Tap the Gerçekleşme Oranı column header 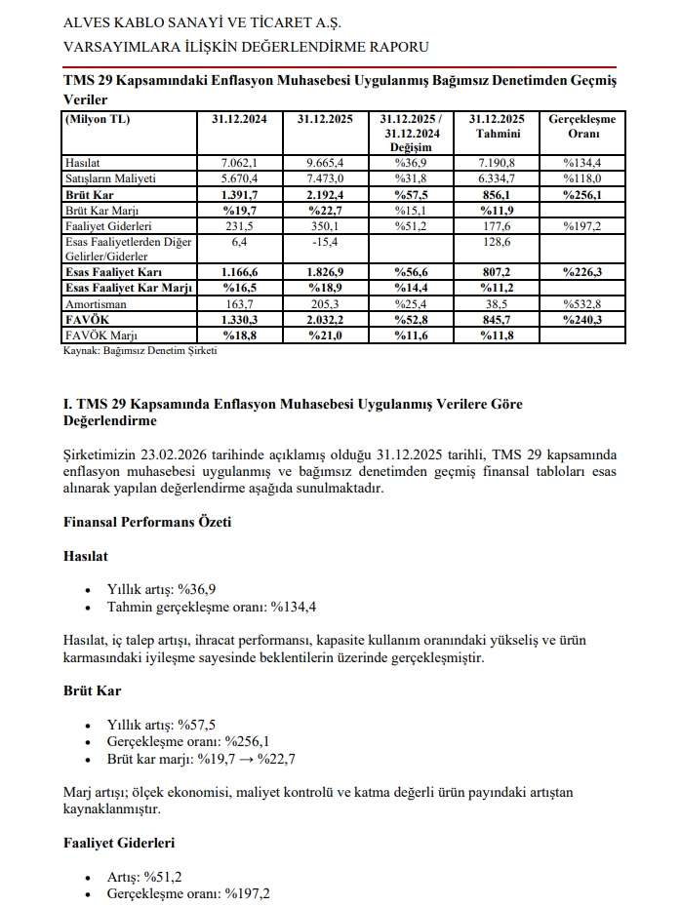(x=581, y=126)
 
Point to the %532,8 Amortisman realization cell (x=581, y=304)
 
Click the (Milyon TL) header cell (x=98, y=119)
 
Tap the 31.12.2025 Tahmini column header (x=498, y=126)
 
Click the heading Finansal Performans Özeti (x=146, y=522)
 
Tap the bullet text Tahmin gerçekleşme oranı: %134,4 (x=212, y=607)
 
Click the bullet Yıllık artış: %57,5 (x=148, y=725)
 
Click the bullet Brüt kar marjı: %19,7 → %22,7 (x=203, y=759)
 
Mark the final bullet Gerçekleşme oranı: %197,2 (x=188, y=893)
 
